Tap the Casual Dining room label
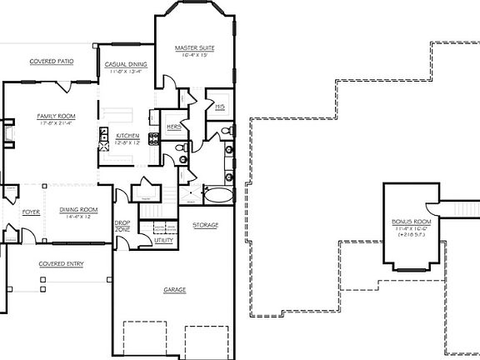pyautogui.click(x=126, y=63)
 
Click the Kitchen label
pyautogui.click(x=127, y=135)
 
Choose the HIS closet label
pyautogui.click(x=220, y=107)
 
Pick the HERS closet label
pyautogui.click(x=175, y=127)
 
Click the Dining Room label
pyautogui.click(x=79, y=210)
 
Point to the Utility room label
pyautogui.click(x=163, y=240)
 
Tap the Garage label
pyautogui.click(x=175, y=290)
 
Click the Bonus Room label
pyautogui.click(x=410, y=222)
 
